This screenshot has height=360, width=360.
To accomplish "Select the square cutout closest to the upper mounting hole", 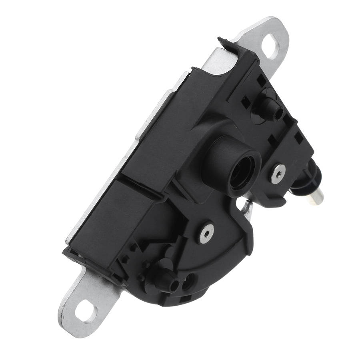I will click(x=260, y=82).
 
